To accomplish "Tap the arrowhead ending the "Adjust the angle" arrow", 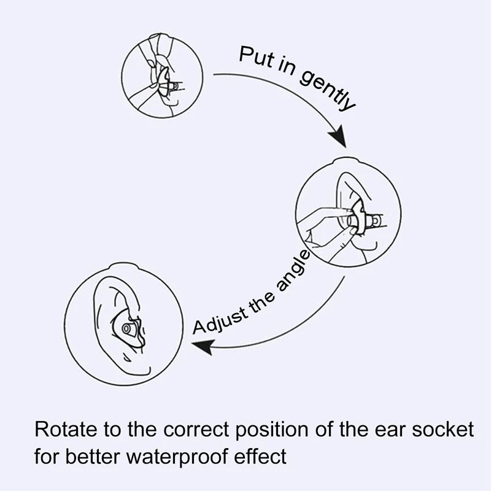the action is point(200,349).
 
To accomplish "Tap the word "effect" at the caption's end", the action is point(266,457).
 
